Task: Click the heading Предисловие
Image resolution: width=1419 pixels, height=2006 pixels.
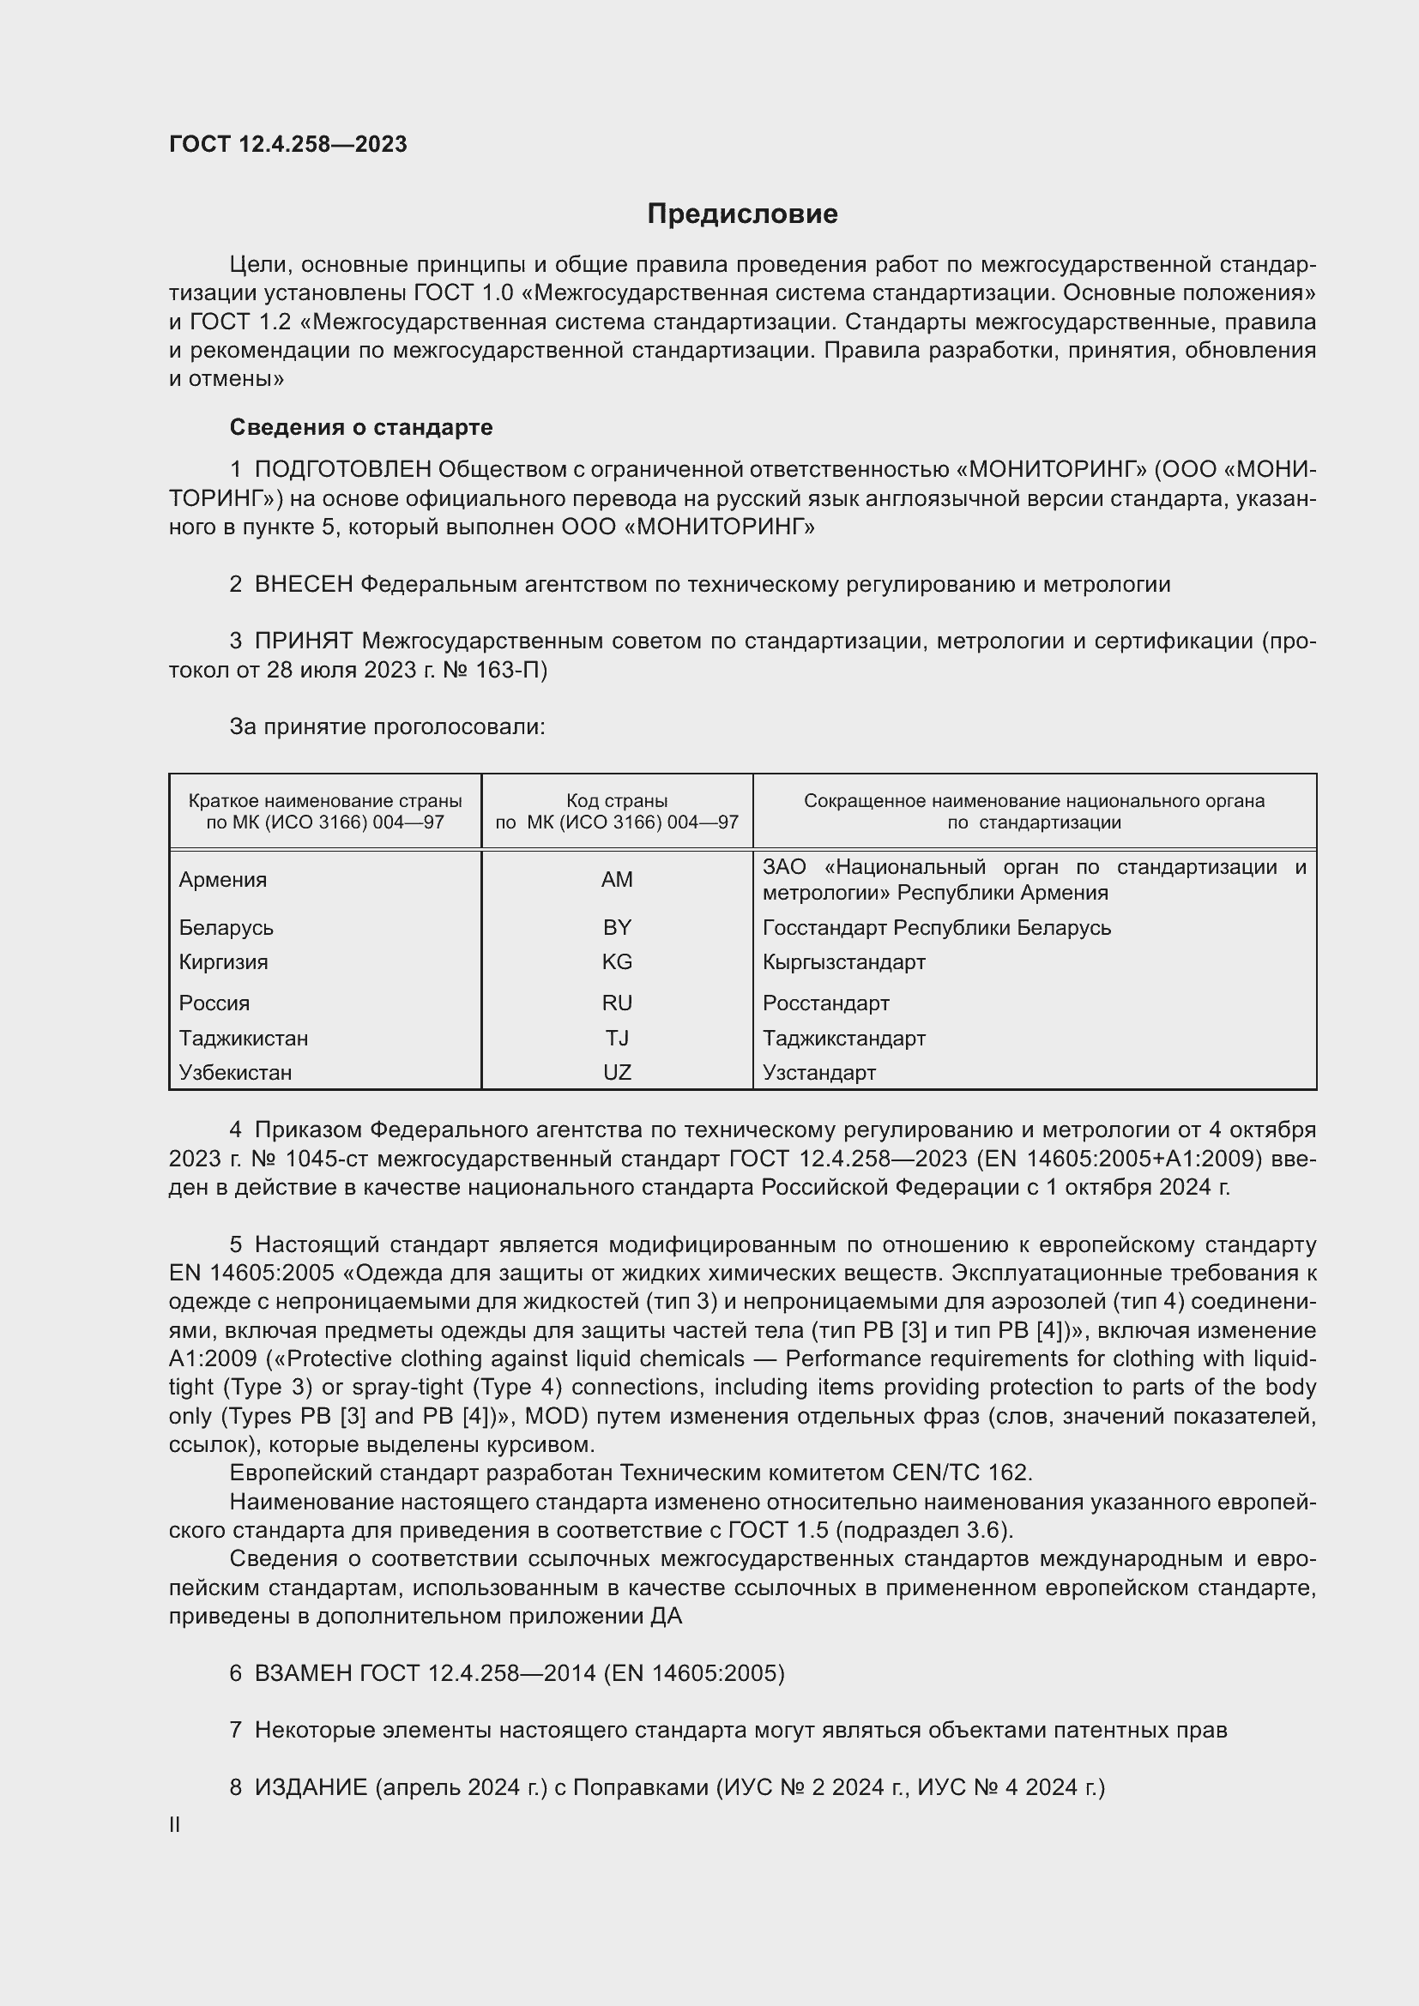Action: (742, 214)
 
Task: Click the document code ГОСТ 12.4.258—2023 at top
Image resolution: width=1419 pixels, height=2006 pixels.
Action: (287, 144)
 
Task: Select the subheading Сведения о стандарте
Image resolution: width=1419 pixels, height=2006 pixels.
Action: (361, 427)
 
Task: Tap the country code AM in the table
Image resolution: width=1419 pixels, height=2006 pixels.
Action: (616, 880)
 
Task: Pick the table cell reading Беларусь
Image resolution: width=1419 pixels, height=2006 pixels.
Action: (226, 927)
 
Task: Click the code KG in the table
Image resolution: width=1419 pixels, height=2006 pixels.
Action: (616, 962)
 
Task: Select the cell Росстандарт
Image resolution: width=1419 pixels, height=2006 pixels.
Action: (825, 1003)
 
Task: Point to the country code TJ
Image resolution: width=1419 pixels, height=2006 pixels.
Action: (616, 1038)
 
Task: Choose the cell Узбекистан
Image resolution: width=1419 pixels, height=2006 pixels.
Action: (235, 1072)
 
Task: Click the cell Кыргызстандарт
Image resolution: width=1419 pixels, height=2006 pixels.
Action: (843, 962)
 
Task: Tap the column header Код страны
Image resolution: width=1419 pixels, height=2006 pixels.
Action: (616, 800)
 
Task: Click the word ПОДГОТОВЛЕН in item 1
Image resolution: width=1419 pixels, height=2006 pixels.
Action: (342, 469)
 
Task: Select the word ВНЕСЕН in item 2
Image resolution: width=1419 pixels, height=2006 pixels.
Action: (303, 585)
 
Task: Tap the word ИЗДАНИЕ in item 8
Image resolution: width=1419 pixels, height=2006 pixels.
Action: (311, 1787)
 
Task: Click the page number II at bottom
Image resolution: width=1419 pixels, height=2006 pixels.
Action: (175, 1825)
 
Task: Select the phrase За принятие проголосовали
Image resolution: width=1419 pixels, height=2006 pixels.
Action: (387, 727)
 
